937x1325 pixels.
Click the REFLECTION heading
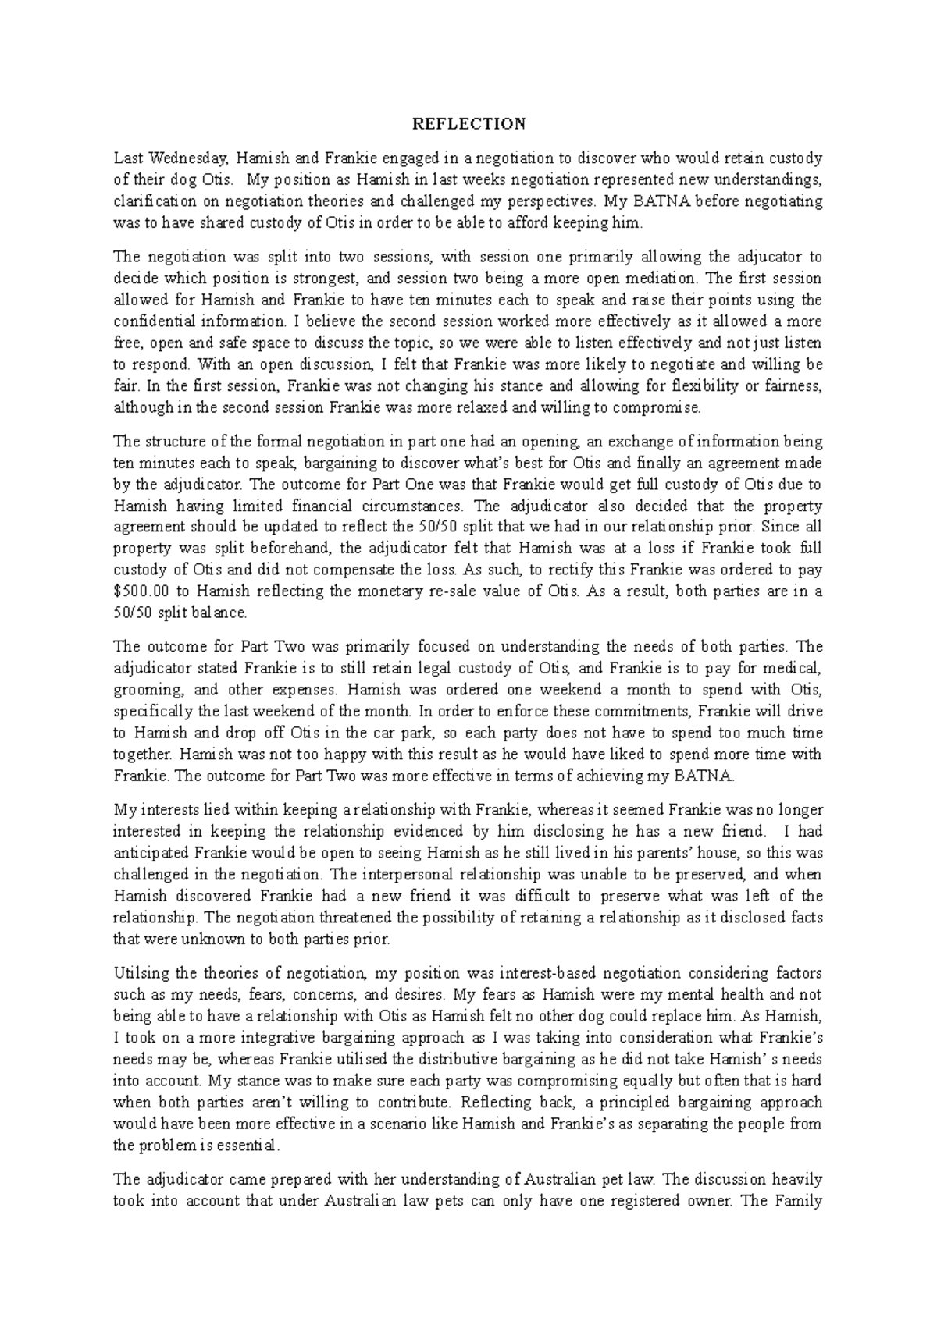tap(468, 124)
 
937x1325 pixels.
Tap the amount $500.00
tap(142, 591)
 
